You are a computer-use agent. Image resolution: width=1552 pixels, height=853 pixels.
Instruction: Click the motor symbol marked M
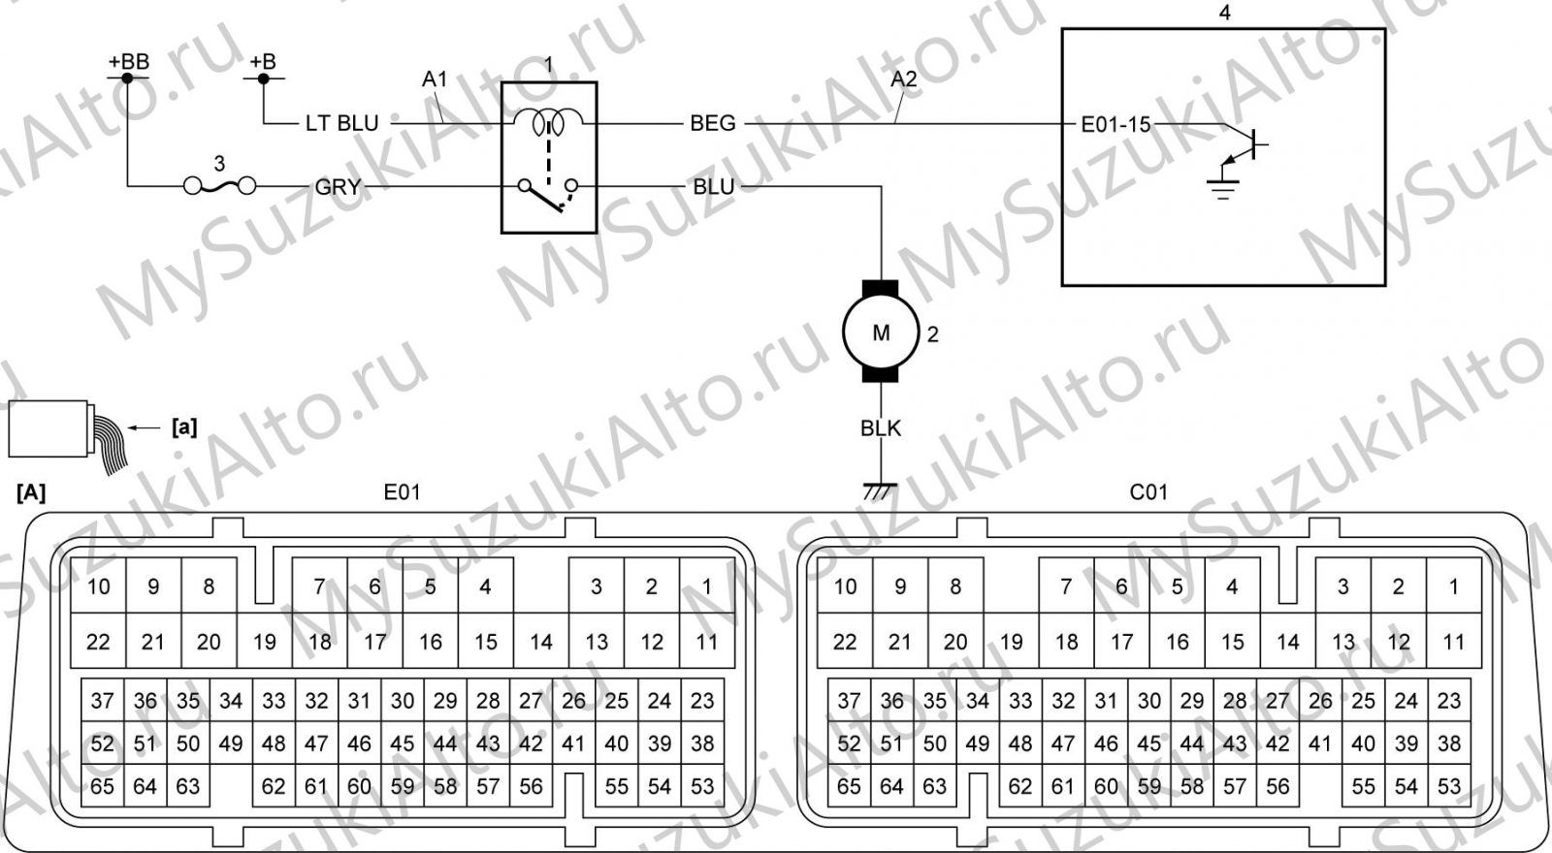coord(881,332)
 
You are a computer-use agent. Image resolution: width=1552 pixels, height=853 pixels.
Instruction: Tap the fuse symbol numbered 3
coord(219,185)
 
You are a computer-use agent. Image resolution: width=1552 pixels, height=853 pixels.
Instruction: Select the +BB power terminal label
coord(129,62)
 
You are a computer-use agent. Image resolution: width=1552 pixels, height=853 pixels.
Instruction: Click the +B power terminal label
coord(263,62)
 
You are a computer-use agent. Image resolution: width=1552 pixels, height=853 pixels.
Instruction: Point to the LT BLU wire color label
coord(342,123)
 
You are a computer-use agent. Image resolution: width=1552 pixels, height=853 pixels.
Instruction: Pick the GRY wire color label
coord(339,187)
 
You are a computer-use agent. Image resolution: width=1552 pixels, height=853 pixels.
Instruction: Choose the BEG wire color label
coord(712,123)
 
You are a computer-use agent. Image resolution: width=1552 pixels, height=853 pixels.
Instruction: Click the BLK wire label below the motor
coord(881,428)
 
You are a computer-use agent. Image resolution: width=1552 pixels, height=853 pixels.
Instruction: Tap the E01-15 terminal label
coord(1115,125)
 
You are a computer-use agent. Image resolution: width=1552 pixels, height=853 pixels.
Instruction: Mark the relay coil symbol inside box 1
coord(549,122)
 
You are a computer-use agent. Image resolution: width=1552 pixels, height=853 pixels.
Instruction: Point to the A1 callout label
coord(436,79)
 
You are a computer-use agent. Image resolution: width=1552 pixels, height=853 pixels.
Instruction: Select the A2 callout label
coord(904,79)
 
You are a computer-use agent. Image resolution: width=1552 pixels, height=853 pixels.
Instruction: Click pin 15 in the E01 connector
coord(486,641)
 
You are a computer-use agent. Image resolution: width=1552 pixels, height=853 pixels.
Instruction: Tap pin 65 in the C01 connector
coord(849,786)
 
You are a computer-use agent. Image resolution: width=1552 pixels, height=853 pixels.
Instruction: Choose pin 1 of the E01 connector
coord(707,585)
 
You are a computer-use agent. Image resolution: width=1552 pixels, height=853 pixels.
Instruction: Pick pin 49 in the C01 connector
coord(978,742)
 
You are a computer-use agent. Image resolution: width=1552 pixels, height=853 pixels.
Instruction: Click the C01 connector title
coord(1148,492)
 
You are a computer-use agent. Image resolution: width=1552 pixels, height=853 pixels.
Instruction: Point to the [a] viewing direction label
coord(184,427)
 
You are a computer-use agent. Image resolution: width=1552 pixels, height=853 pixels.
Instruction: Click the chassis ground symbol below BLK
coord(880,491)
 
